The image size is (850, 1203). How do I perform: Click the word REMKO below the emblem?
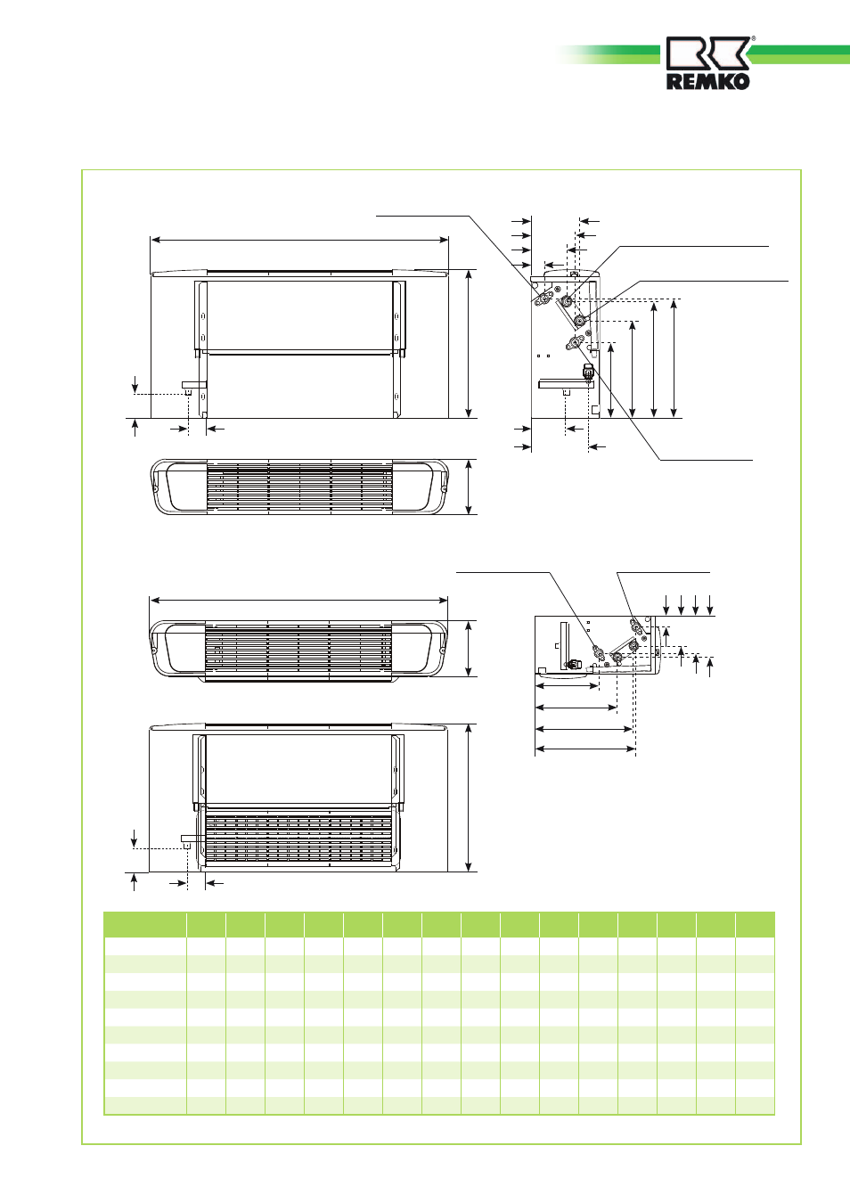708,82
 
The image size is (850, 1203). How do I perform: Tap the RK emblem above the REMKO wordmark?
708,53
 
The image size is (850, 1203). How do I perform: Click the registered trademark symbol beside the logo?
754,38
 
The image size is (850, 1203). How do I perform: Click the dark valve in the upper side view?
589,372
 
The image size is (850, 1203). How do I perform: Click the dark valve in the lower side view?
573,665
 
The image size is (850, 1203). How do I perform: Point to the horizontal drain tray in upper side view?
565,383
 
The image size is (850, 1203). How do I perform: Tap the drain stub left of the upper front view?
189,391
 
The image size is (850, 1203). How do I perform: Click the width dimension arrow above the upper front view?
299,240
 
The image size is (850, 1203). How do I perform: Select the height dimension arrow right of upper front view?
469,344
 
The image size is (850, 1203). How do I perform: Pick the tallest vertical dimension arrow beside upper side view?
674,358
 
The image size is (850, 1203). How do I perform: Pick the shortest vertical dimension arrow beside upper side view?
611,381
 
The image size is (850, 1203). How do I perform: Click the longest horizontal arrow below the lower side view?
586,749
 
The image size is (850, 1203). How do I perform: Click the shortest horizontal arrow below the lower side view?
568,686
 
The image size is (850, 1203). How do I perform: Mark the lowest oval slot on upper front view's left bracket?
202,397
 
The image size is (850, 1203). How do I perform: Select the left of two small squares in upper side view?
538,356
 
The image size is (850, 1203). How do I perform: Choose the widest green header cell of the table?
145,924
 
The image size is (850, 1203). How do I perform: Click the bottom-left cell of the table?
145,1107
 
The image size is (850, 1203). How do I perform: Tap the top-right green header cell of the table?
755,924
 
